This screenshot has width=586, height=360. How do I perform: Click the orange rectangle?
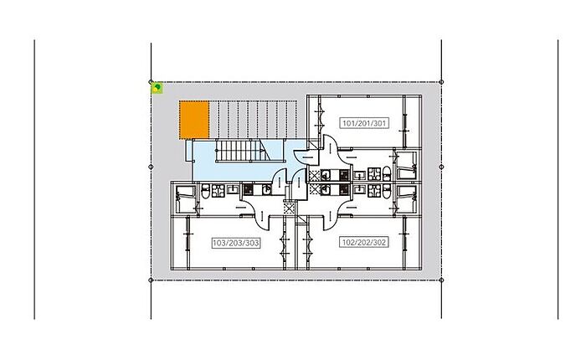[x=193, y=121]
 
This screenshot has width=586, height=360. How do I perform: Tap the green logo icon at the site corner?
[x=157, y=86]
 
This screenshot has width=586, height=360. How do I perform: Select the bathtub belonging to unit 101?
[x=409, y=163]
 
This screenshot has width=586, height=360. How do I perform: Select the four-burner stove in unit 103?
[x=218, y=190]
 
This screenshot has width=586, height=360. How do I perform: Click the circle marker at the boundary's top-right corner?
[x=441, y=82]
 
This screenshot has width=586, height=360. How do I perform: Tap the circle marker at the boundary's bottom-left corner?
[x=151, y=280]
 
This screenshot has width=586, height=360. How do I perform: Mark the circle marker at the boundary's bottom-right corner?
[x=441, y=280]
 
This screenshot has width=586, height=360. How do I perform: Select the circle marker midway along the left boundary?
[x=151, y=167]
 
